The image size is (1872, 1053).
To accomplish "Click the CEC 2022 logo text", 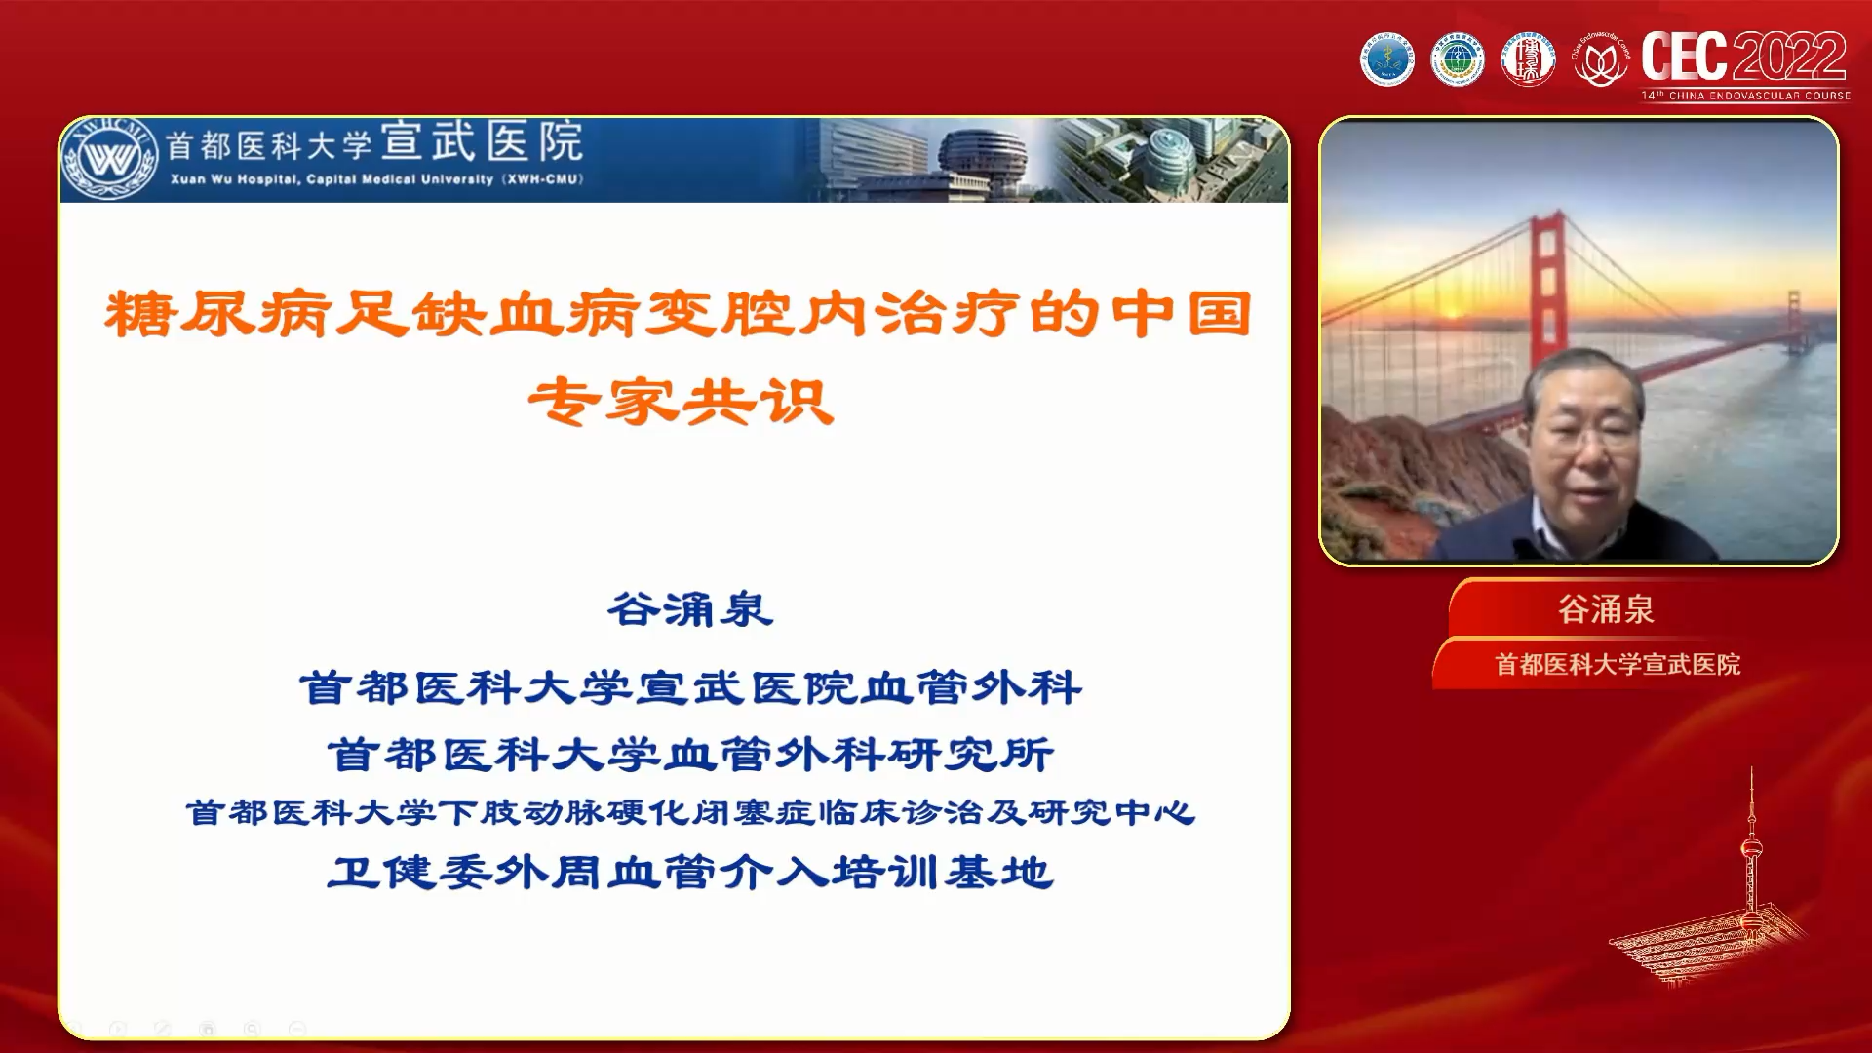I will click(x=1743, y=57).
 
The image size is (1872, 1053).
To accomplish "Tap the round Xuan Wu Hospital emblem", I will click(x=109, y=159).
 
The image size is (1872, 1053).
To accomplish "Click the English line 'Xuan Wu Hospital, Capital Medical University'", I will click(x=376, y=179).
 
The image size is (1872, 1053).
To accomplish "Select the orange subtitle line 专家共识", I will click(x=681, y=402).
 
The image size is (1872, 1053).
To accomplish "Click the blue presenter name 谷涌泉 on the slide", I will click(x=690, y=610).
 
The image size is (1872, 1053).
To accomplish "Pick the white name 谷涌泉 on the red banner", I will click(x=1606, y=609).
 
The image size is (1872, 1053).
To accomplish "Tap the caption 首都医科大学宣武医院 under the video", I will click(x=1618, y=664).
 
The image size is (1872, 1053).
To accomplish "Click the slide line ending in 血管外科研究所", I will click(x=690, y=754).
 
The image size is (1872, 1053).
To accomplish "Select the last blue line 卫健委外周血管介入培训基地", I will click(x=690, y=872).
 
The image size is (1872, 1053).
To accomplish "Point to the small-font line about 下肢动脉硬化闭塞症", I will click(x=690, y=812).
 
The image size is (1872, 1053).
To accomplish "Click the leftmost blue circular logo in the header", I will click(x=1386, y=60).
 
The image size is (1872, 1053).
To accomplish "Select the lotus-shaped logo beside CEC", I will click(x=1601, y=60).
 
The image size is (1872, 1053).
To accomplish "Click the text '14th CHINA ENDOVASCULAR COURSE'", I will click(x=1745, y=96).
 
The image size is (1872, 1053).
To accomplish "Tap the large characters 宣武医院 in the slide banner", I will click(x=482, y=142).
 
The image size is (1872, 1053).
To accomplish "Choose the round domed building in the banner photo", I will click(x=983, y=156).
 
